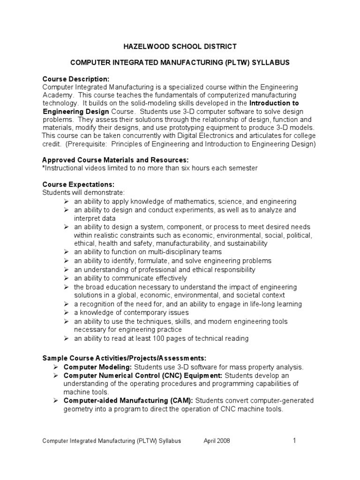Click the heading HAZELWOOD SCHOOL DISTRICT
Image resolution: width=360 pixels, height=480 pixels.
click(x=180, y=46)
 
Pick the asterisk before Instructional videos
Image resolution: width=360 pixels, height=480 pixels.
click(x=44, y=168)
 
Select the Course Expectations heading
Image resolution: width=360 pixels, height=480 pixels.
click(x=78, y=184)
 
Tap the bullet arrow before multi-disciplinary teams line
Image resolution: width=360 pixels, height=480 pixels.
click(x=67, y=252)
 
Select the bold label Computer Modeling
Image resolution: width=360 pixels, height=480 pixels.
click(x=92, y=367)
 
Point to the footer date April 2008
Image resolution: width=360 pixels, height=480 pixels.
click(x=217, y=441)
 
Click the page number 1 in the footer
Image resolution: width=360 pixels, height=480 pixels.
click(x=294, y=441)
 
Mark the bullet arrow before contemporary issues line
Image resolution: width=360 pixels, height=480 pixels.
click(x=67, y=313)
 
